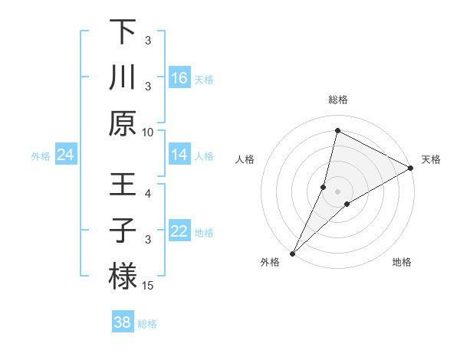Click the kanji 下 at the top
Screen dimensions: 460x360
[123, 32]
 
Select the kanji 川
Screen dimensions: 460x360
[123, 77]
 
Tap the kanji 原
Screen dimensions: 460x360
[123, 123]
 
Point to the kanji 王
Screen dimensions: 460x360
[123, 185]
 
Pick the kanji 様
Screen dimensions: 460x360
[123, 275]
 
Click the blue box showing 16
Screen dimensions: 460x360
[179, 77]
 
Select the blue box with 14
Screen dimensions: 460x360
[179, 155]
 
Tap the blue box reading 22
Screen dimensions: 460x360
[179, 231]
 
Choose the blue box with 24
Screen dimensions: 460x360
[66, 155]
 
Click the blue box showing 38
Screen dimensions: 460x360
[123, 322]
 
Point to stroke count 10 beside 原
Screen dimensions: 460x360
[148, 132]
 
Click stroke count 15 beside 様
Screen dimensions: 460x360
[149, 286]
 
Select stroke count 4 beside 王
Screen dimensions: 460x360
[149, 194]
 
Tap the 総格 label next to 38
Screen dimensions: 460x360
[147, 324]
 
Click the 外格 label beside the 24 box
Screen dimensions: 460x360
[41, 156]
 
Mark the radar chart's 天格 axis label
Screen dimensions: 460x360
[431, 159]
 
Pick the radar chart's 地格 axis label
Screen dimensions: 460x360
[402, 262]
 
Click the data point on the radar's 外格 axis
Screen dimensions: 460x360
[292, 253]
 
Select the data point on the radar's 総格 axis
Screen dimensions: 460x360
[337, 130]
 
